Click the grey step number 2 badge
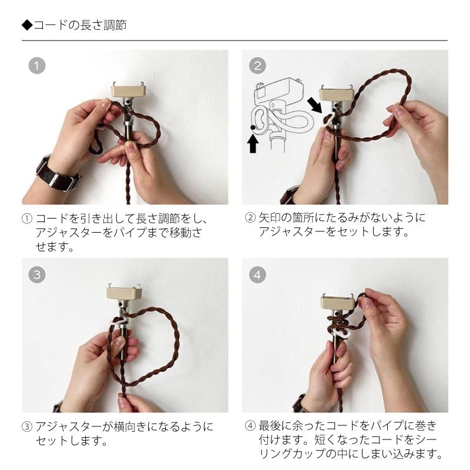point(257,66)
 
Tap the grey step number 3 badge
point(37,274)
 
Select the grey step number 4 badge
point(257,274)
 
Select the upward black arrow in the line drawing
point(253,143)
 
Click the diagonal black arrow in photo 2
point(315,105)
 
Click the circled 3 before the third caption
point(26,426)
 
